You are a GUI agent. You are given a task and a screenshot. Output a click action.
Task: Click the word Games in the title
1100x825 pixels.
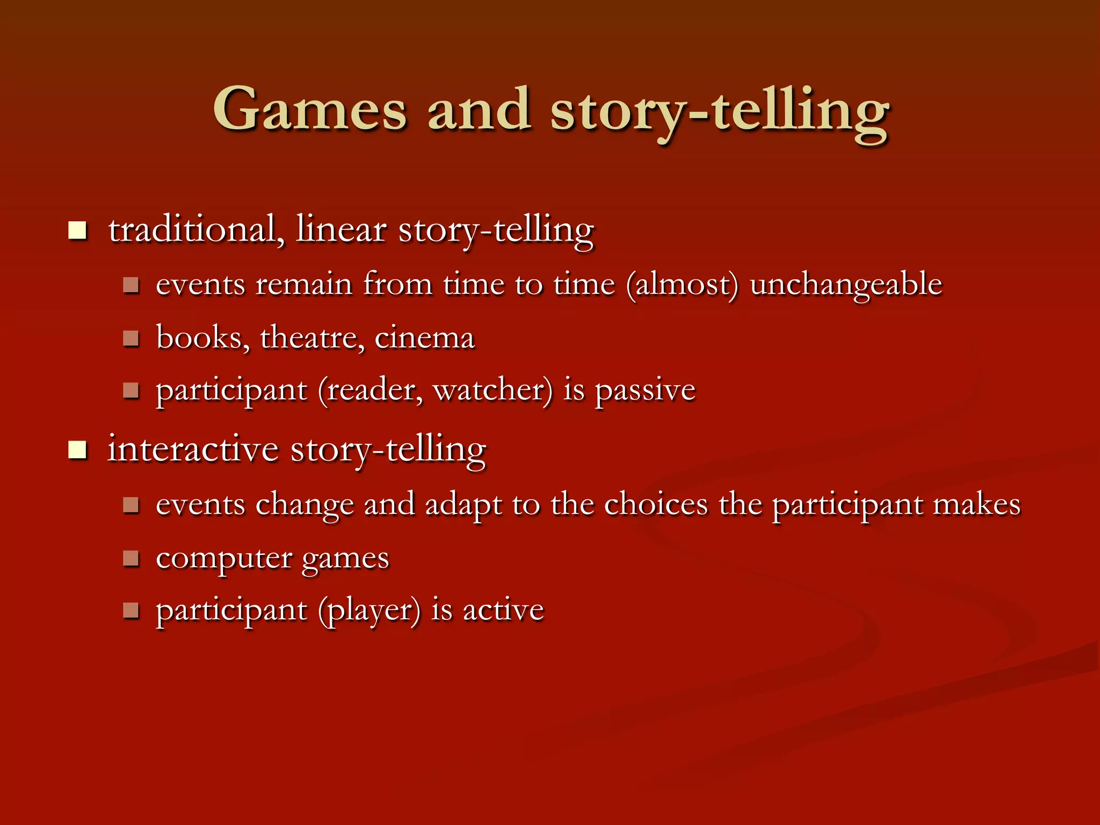point(310,110)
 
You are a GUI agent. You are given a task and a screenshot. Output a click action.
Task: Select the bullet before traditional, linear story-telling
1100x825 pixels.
point(78,230)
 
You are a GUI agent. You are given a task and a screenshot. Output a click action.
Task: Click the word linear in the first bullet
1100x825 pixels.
point(341,230)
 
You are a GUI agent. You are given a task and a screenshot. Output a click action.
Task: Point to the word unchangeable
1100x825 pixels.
point(846,285)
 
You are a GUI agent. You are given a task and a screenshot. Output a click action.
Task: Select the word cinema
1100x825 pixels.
point(424,338)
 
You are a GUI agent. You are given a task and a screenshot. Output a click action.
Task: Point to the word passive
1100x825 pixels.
point(645,390)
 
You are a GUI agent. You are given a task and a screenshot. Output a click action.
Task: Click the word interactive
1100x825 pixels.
point(193,450)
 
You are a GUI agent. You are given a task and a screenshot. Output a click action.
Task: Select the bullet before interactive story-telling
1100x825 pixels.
point(78,450)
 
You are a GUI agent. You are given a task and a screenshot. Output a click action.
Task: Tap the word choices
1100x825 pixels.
point(656,505)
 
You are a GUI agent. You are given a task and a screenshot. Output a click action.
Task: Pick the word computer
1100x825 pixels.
point(224,559)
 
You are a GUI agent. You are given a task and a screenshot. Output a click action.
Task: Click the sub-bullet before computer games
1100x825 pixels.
point(131,559)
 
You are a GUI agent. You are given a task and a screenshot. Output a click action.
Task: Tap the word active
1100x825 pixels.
point(503,611)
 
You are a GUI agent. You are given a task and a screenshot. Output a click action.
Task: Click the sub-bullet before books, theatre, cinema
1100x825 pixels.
point(131,338)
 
